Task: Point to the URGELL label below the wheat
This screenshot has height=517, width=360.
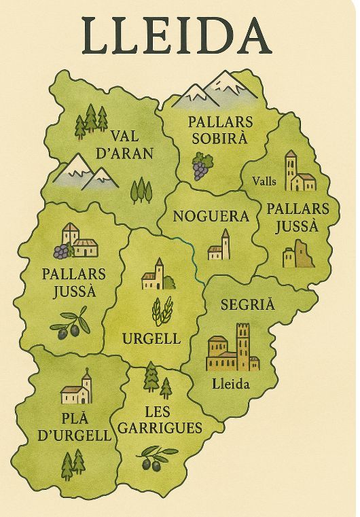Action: [151, 338]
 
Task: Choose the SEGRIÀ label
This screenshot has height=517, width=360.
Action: [247, 304]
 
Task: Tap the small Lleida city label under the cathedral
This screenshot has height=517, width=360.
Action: [231, 384]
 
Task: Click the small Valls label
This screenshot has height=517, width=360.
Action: [264, 181]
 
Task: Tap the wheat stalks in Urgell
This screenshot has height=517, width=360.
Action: [162, 310]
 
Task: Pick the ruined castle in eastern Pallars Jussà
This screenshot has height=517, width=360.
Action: [299, 254]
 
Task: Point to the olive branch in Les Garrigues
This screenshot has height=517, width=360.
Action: [156, 459]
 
